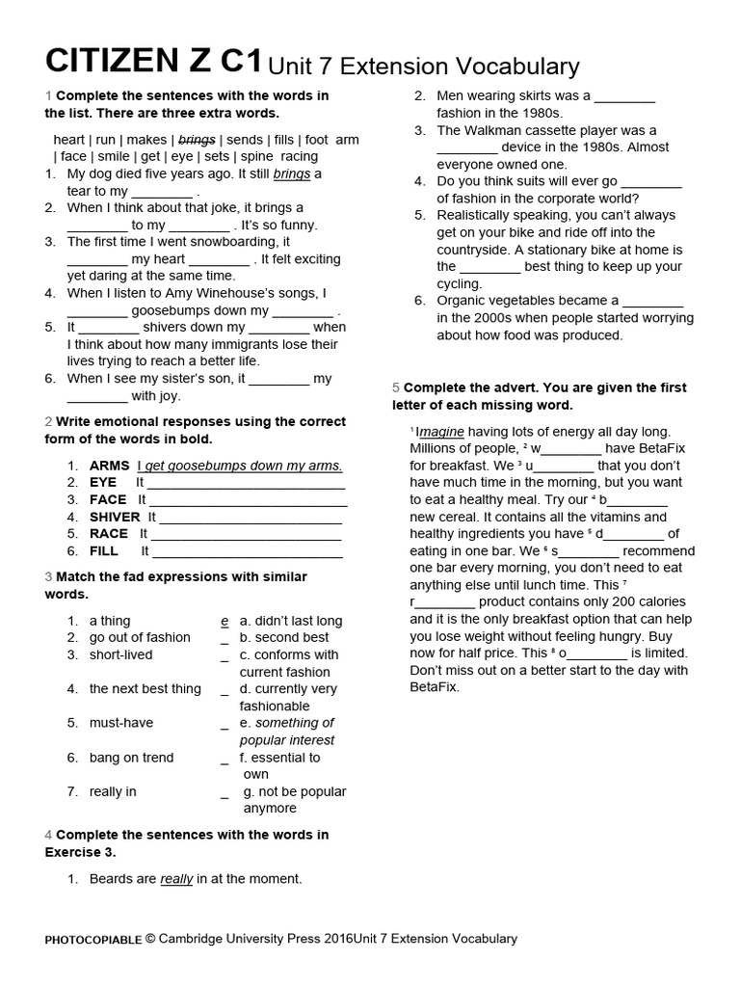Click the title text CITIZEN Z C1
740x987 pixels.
coord(153,61)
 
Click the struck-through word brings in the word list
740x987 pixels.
coord(197,139)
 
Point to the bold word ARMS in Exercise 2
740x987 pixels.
coord(109,466)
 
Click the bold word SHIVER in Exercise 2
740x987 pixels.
coord(115,517)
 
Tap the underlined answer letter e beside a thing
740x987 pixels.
coord(225,621)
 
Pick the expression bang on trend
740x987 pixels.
coord(131,758)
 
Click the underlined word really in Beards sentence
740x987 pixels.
coord(176,878)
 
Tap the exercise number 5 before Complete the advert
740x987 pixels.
coord(395,387)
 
